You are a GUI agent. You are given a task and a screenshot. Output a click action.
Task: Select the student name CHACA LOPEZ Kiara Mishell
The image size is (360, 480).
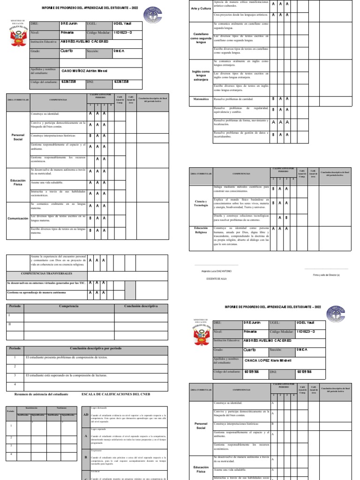click(x=268, y=360)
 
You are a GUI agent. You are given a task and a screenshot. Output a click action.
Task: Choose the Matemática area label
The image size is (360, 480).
click(x=201, y=99)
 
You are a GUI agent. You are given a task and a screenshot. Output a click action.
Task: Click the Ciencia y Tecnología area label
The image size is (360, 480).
click(x=201, y=203)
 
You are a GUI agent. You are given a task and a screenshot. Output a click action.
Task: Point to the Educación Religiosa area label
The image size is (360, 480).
click(x=201, y=230)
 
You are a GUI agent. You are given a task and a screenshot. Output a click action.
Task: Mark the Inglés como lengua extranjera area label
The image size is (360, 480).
click(x=201, y=75)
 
